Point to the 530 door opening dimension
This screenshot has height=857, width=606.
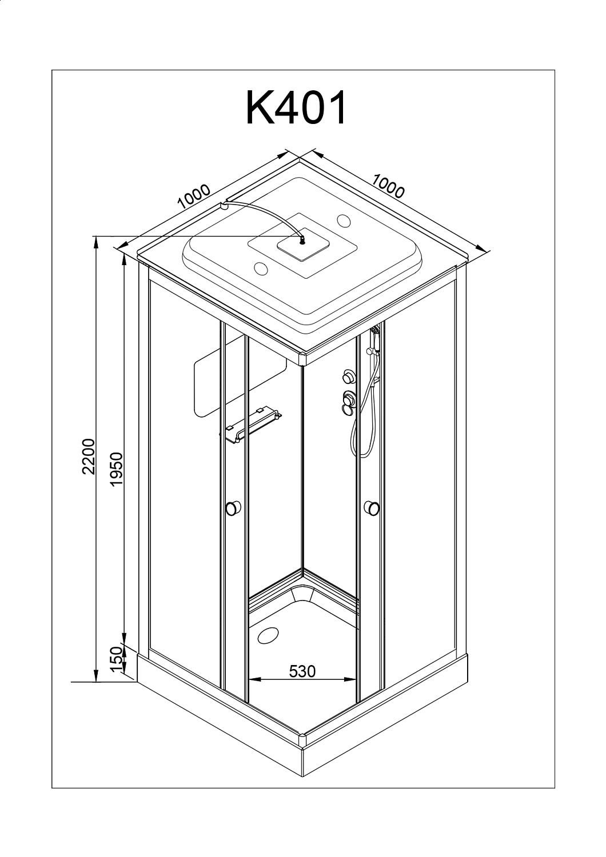[302, 671]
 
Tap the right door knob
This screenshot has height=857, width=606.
[372, 507]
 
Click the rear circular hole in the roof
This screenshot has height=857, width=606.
[345, 220]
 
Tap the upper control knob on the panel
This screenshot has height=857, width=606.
[347, 377]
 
